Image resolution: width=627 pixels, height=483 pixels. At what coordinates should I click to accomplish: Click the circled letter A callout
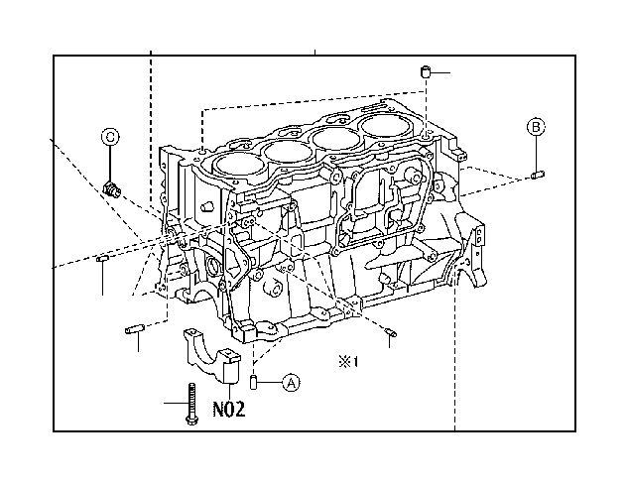point(291,381)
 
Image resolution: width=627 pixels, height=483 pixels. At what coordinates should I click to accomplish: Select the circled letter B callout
point(535,126)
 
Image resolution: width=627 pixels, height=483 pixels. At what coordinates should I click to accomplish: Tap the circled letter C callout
point(110,136)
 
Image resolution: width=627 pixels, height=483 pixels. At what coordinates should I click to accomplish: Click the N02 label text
point(230,407)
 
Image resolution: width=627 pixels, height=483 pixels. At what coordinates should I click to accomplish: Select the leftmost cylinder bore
point(233,163)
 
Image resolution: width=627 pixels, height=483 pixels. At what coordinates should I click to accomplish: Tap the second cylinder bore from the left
point(287,150)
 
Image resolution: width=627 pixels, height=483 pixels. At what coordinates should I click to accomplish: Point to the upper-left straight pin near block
point(103,260)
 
